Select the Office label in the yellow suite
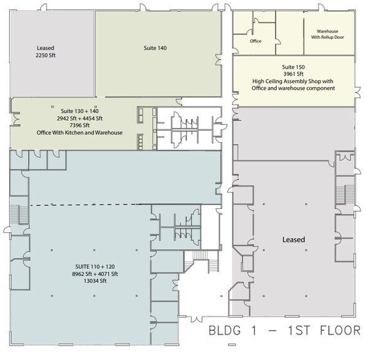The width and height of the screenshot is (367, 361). click(256, 42)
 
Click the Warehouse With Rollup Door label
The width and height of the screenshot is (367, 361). click(331, 35)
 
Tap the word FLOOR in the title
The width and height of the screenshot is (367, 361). click(338, 330)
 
